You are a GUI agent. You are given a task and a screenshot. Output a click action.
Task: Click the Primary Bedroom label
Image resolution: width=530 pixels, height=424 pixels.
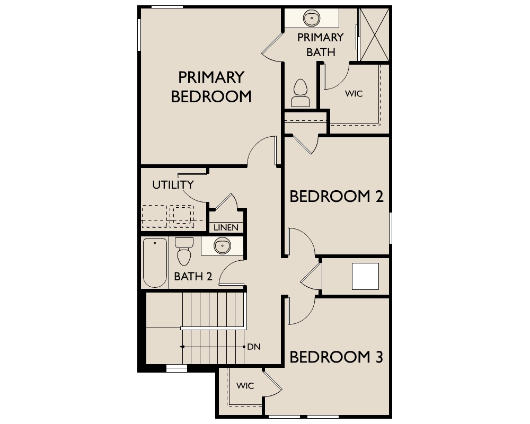click(211, 87)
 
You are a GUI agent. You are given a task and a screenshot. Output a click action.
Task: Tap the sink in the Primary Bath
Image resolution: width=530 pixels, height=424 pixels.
click(311, 18)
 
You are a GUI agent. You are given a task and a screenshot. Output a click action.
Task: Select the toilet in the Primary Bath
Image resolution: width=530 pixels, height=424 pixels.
click(300, 93)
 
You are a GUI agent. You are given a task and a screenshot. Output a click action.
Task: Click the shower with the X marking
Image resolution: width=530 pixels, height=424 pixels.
click(375, 35)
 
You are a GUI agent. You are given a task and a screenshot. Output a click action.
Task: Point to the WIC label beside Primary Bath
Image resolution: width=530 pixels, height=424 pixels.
click(354, 94)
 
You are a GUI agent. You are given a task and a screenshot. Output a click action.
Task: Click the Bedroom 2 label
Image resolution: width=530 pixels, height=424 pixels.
click(337, 197)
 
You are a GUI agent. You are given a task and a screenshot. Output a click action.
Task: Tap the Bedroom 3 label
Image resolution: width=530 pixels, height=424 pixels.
click(337, 357)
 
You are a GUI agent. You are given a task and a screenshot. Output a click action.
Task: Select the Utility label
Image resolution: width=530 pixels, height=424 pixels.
click(173, 184)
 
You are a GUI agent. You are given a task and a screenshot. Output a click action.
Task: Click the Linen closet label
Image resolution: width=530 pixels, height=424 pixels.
click(226, 227)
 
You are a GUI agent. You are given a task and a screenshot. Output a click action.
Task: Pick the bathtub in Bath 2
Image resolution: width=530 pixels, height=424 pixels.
click(155, 263)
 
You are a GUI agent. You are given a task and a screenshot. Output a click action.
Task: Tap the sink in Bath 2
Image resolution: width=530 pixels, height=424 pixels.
click(223, 246)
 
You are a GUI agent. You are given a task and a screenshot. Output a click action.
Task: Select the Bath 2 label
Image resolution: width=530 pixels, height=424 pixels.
click(193, 277)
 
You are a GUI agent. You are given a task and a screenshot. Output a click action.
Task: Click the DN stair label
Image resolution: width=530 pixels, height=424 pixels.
click(254, 347)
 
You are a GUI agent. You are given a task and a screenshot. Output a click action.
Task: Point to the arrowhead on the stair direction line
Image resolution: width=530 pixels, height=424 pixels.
click(182, 347)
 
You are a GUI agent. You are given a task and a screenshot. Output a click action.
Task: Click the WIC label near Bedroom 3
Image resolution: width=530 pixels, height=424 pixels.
click(245, 386)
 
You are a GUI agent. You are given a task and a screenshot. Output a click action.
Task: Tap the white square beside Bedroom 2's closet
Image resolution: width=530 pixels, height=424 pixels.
click(365, 276)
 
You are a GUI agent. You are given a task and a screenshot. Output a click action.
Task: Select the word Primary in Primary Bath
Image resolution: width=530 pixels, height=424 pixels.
click(321, 37)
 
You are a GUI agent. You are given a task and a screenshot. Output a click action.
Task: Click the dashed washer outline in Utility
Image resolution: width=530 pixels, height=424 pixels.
click(154, 216)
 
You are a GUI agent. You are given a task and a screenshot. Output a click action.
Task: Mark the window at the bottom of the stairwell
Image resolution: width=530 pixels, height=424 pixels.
click(177, 368)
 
